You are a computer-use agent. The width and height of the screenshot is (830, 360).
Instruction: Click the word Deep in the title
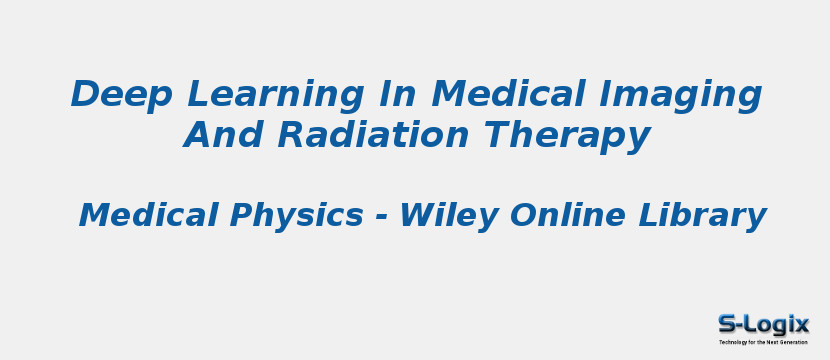122,95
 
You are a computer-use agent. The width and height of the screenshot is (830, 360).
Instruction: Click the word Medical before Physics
150,215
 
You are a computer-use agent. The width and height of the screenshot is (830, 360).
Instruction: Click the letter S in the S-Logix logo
727,324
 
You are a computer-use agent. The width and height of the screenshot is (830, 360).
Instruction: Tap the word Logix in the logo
777,324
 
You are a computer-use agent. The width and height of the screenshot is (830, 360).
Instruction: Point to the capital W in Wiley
418,215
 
